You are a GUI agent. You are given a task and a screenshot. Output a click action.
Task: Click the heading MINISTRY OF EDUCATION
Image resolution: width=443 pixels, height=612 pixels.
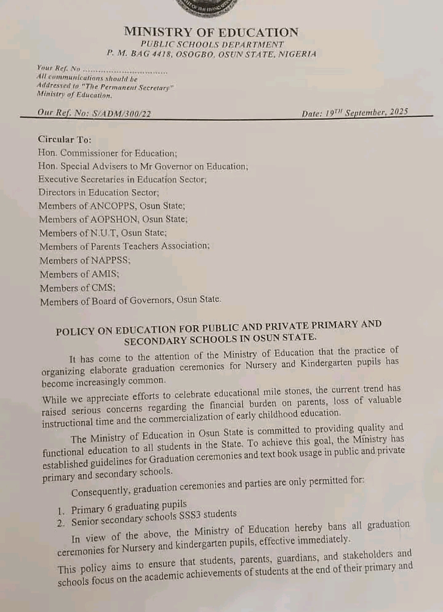click(x=211, y=32)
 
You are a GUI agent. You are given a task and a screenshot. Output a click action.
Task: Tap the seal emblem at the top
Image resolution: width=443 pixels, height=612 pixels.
click(x=211, y=6)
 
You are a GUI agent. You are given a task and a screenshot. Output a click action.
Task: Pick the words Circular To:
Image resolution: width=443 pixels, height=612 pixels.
click(x=65, y=140)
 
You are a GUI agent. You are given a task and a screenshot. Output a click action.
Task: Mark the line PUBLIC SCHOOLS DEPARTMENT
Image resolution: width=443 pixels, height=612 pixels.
click(x=212, y=44)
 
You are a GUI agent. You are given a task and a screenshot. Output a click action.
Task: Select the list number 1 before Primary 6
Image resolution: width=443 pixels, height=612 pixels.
click(x=60, y=510)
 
